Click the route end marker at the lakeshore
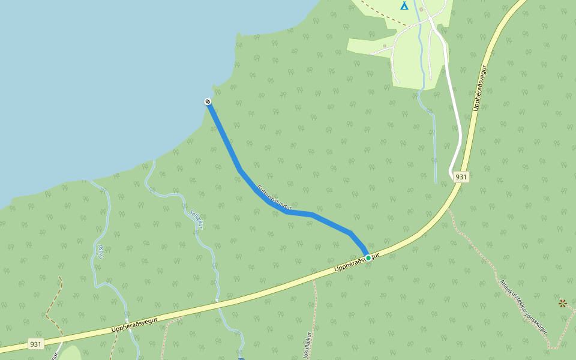208,102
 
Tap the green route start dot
368,258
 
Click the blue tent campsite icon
404,5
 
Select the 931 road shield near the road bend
461,176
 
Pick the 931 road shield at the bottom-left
35,344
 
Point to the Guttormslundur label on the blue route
274,197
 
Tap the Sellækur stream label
197,220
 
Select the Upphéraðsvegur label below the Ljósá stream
134,325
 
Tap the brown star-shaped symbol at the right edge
562,303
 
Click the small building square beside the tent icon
421,10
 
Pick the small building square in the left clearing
385,46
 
